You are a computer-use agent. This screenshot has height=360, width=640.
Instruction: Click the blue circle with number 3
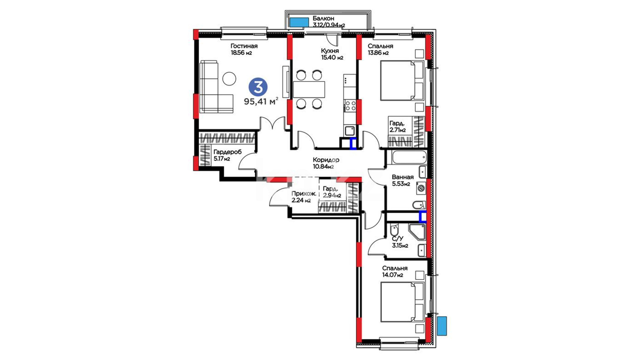click(x=258, y=87)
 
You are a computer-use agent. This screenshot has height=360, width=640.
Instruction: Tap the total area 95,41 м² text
click(x=261, y=101)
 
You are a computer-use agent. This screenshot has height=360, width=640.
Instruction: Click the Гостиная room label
click(x=244, y=46)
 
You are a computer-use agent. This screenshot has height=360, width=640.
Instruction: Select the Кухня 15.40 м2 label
click(x=332, y=54)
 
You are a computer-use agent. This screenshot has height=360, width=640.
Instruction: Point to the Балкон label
click(x=323, y=19)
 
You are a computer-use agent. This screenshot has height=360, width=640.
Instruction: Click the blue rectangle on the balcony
click(x=299, y=22)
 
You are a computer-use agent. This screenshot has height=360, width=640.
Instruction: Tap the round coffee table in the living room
click(x=229, y=79)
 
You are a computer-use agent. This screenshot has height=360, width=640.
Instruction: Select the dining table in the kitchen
click(x=309, y=89)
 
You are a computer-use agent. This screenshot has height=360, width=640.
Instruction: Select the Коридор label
click(x=326, y=160)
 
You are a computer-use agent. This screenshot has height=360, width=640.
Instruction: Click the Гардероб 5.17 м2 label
click(x=228, y=155)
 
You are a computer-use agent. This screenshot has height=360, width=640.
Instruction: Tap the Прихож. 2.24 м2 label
click(x=304, y=197)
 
